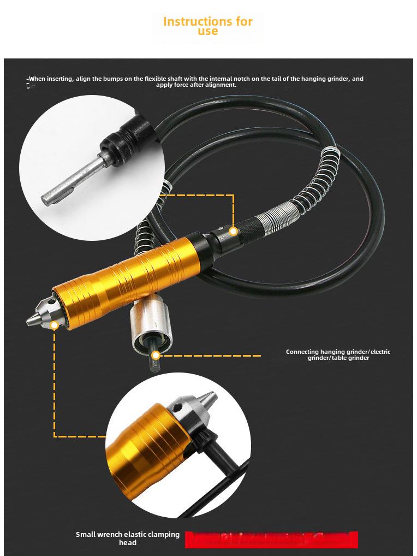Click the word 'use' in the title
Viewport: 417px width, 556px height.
tap(208, 32)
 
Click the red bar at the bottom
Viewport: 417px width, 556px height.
tap(271, 539)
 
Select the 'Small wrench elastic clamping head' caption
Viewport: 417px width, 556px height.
tap(127, 539)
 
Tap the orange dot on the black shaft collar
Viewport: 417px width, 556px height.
tap(233, 232)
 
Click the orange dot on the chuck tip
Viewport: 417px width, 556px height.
tap(54, 326)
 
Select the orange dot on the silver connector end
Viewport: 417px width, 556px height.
tap(156, 356)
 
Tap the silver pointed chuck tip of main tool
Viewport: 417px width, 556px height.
tap(34, 317)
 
